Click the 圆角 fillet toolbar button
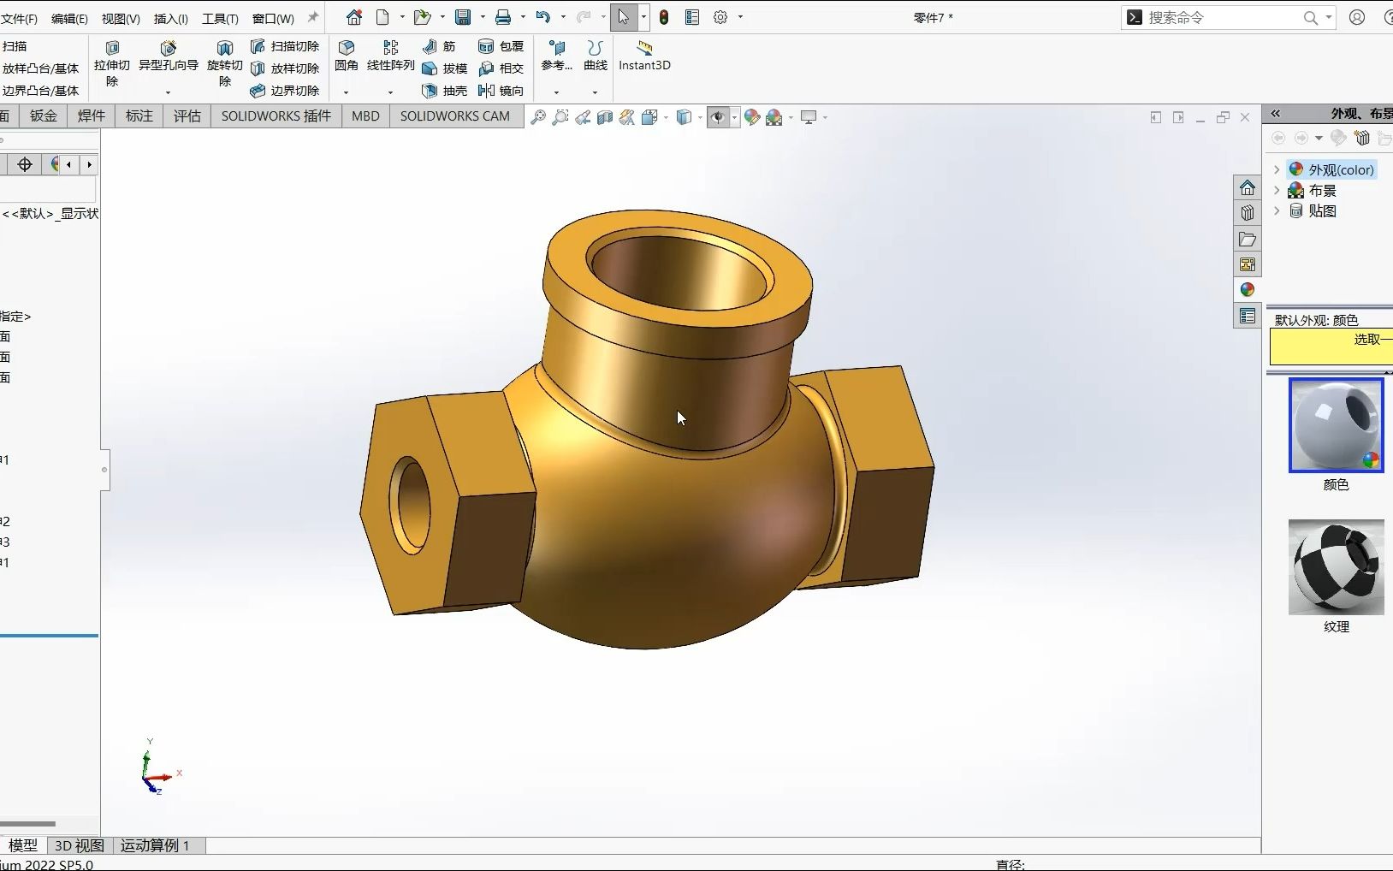pos(346,55)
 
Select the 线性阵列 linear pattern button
pos(390,55)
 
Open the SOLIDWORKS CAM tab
pos(454,116)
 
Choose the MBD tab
pos(365,116)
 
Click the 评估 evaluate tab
pos(187,116)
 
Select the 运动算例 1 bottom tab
pos(155,845)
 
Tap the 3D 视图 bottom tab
pos(79,845)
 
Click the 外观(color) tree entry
pos(1340,169)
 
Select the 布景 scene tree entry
pos(1321,190)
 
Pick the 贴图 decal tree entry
pos(1321,210)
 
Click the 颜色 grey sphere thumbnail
pos(1336,425)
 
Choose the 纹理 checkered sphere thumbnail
pos(1336,567)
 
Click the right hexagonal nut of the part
pos(881,479)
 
